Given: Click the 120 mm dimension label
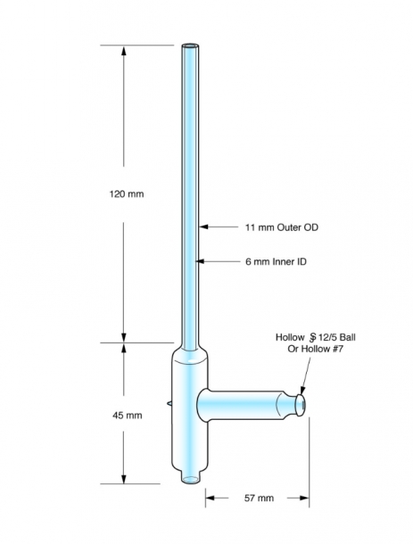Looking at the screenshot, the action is click(x=127, y=194).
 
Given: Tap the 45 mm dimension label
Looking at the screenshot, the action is click(x=127, y=416).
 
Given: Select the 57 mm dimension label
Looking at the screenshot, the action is click(x=259, y=499).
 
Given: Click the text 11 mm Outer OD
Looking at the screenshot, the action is click(x=282, y=227).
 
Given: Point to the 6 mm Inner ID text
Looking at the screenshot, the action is click(x=276, y=261).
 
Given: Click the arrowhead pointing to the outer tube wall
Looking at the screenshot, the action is click(x=203, y=227).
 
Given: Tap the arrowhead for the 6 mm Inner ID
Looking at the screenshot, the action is click(x=200, y=261).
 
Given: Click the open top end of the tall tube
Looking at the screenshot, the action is click(x=190, y=46).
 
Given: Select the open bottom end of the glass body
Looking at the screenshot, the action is click(x=191, y=480).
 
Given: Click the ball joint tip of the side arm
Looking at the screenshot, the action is click(x=300, y=405).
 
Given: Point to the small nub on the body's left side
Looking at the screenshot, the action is click(x=169, y=403).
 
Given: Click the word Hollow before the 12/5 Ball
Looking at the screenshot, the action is click(x=290, y=337).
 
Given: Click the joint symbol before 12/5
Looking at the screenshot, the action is click(x=312, y=337).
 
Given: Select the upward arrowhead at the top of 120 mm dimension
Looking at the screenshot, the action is click(x=124, y=50).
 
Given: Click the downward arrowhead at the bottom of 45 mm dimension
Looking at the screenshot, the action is click(x=124, y=478).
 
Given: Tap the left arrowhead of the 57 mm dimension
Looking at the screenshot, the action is click(x=211, y=499).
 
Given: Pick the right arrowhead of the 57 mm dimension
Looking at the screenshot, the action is click(x=304, y=499).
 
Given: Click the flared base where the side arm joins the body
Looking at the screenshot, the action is click(x=203, y=404).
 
